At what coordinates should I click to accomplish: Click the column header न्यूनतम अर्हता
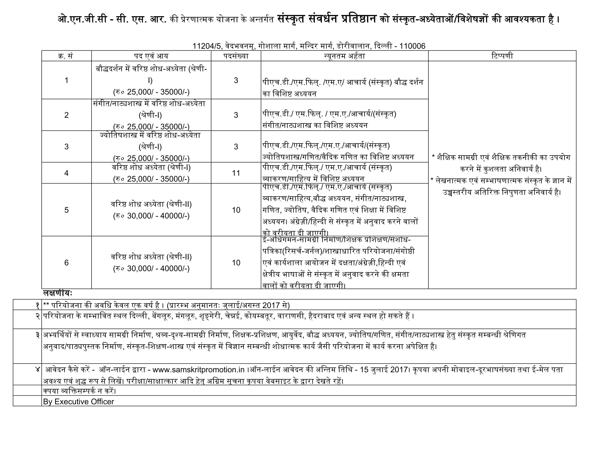(344, 56)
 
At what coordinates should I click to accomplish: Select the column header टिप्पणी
(502, 56)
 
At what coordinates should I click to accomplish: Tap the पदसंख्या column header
(236, 56)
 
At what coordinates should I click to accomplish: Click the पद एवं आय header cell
(151, 56)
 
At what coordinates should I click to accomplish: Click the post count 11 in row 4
(236, 173)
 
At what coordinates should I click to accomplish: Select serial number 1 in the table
(66, 80)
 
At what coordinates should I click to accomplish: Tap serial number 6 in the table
(66, 263)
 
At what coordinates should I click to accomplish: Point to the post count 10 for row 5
(236, 210)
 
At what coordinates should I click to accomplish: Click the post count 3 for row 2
(236, 115)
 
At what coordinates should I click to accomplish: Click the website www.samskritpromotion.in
(199, 370)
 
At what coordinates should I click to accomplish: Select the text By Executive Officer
(78, 402)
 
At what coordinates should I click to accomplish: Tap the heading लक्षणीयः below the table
(58, 293)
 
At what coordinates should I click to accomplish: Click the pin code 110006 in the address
(412, 46)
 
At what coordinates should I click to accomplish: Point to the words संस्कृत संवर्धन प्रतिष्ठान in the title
(327, 19)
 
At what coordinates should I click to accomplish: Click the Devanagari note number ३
(38, 335)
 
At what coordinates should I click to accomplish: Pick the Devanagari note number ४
(38, 370)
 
